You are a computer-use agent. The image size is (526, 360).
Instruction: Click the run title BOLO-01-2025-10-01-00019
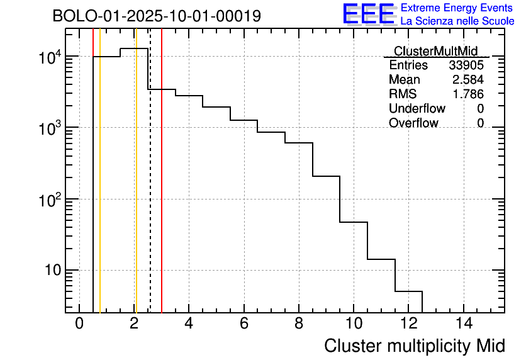pyautogui.click(x=157, y=16)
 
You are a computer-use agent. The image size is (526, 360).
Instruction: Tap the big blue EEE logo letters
pyautogui.click(x=369, y=14)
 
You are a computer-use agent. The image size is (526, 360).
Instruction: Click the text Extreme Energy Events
pyautogui.click(x=457, y=8)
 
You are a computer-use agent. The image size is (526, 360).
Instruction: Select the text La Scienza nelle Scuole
pyautogui.click(x=457, y=21)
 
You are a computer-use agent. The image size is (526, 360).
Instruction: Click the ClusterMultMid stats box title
pyautogui.click(x=435, y=51)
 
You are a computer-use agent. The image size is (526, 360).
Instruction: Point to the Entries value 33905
pyautogui.click(x=466, y=65)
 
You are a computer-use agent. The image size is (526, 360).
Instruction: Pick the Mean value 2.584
pyautogui.click(x=468, y=80)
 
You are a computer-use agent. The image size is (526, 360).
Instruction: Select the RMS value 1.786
pyautogui.click(x=468, y=94)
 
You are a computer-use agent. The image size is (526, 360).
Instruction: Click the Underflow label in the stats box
pyautogui.click(x=417, y=109)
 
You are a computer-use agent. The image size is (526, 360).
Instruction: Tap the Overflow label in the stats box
pyautogui.click(x=413, y=123)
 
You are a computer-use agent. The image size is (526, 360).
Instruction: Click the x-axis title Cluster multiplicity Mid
pyautogui.click(x=415, y=346)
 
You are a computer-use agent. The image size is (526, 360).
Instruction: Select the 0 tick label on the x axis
pyautogui.click(x=79, y=323)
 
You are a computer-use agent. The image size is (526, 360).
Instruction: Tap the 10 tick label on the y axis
pyautogui.click(x=52, y=271)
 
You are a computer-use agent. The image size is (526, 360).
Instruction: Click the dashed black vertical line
pyautogui.click(x=150, y=189)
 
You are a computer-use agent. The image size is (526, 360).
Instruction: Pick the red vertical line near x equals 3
pyautogui.click(x=162, y=189)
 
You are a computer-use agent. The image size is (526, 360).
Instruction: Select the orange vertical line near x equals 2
pyautogui.click(x=136, y=189)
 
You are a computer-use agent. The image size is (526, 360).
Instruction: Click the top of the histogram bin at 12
pyautogui.click(x=408, y=291)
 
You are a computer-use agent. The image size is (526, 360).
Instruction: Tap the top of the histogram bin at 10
pyautogui.click(x=354, y=222)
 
